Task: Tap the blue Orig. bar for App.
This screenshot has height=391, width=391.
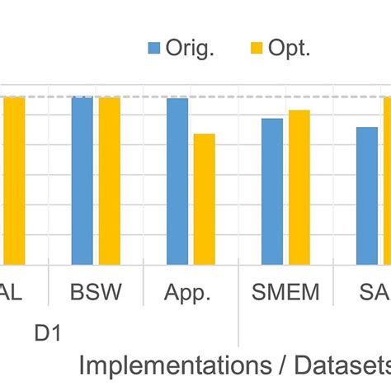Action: coord(177,181)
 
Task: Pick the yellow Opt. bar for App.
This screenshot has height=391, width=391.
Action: coord(205,199)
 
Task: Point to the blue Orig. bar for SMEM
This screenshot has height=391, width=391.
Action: coord(272,191)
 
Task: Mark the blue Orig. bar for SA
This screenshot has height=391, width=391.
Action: coord(367,195)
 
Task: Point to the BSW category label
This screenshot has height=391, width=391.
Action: coord(96,293)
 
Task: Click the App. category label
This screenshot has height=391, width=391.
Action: coord(191,293)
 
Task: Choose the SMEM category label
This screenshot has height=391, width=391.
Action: coord(285,293)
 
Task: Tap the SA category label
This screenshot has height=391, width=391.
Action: coord(375,293)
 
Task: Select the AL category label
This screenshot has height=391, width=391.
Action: coord(12,293)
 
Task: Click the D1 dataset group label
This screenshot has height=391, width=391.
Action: coord(49,333)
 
